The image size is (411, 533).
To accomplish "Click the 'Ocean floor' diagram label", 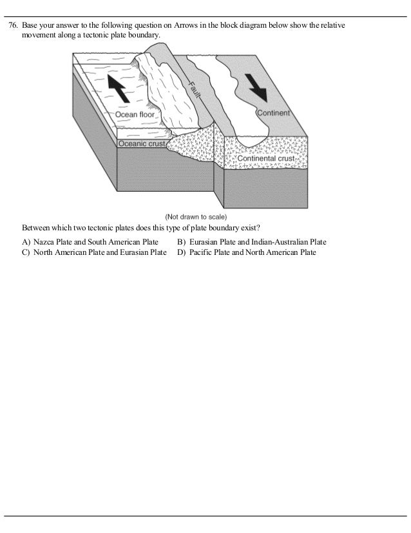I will [135, 114].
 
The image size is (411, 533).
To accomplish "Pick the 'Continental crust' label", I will [266, 158].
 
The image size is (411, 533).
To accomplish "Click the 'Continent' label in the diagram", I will [273, 112].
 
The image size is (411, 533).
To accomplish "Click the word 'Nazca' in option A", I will [44, 242].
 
